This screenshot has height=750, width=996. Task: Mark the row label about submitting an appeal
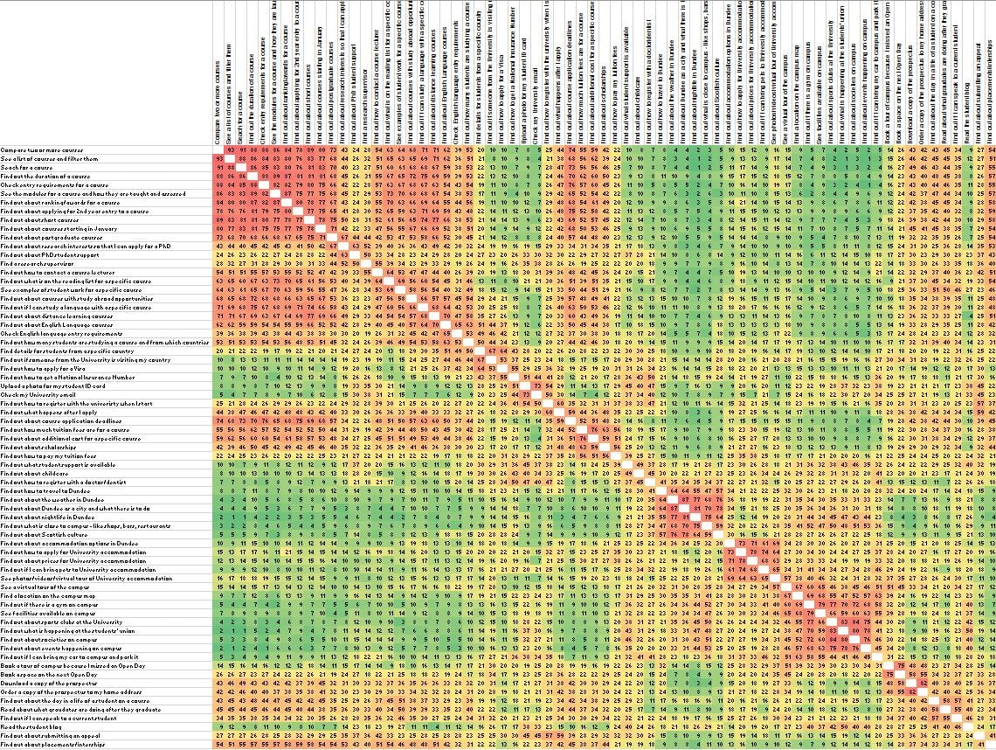coord(40,734)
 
